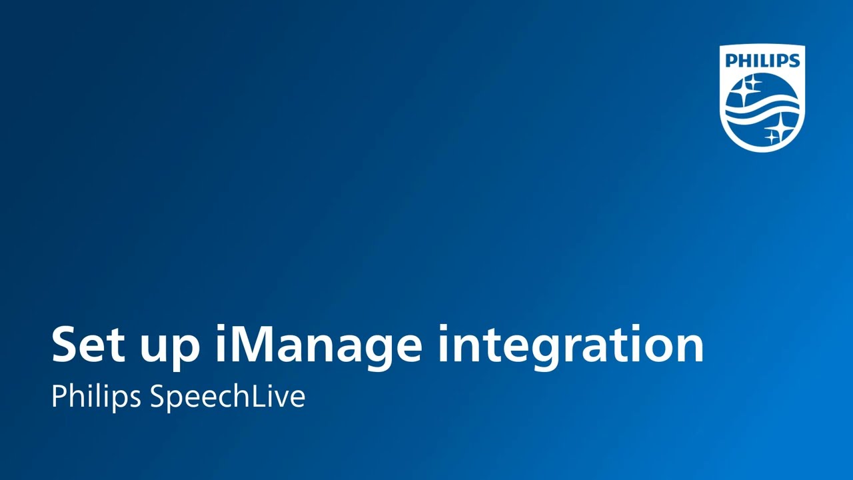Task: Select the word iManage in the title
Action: (318, 345)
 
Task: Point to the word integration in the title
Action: (570, 345)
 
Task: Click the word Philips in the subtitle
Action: (96, 397)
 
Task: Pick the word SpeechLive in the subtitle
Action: (227, 397)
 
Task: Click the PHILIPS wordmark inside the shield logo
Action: (762, 61)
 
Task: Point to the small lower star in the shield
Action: (772, 137)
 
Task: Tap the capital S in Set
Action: (65, 345)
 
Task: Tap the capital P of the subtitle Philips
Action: (58, 397)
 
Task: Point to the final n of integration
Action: (689, 348)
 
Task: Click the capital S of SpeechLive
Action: (157, 397)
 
